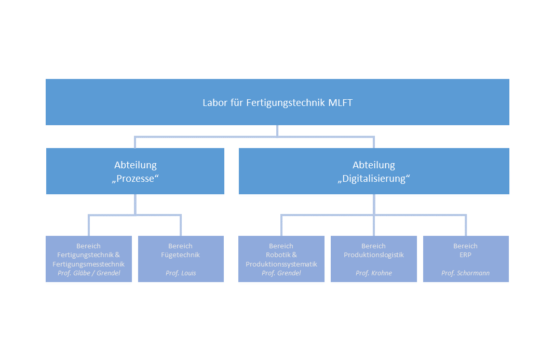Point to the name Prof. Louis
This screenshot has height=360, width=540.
click(x=181, y=273)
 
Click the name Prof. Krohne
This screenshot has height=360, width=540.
click(x=373, y=273)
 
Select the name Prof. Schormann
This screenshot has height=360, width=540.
click(x=466, y=273)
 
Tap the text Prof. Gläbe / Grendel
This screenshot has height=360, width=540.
click(x=89, y=273)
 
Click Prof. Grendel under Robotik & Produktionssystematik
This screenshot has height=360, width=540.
click(x=281, y=273)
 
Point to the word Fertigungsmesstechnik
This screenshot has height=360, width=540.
click(x=89, y=264)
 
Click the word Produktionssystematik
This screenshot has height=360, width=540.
click(x=281, y=264)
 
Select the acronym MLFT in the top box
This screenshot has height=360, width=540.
click(x=340, y=103)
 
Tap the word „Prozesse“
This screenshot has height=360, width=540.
click(x=135, y=179)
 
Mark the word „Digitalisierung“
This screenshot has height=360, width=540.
click(x=374, y=179)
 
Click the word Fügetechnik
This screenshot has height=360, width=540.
click(x=181, y=255)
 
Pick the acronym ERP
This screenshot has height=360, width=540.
click(x=466, y=255)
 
